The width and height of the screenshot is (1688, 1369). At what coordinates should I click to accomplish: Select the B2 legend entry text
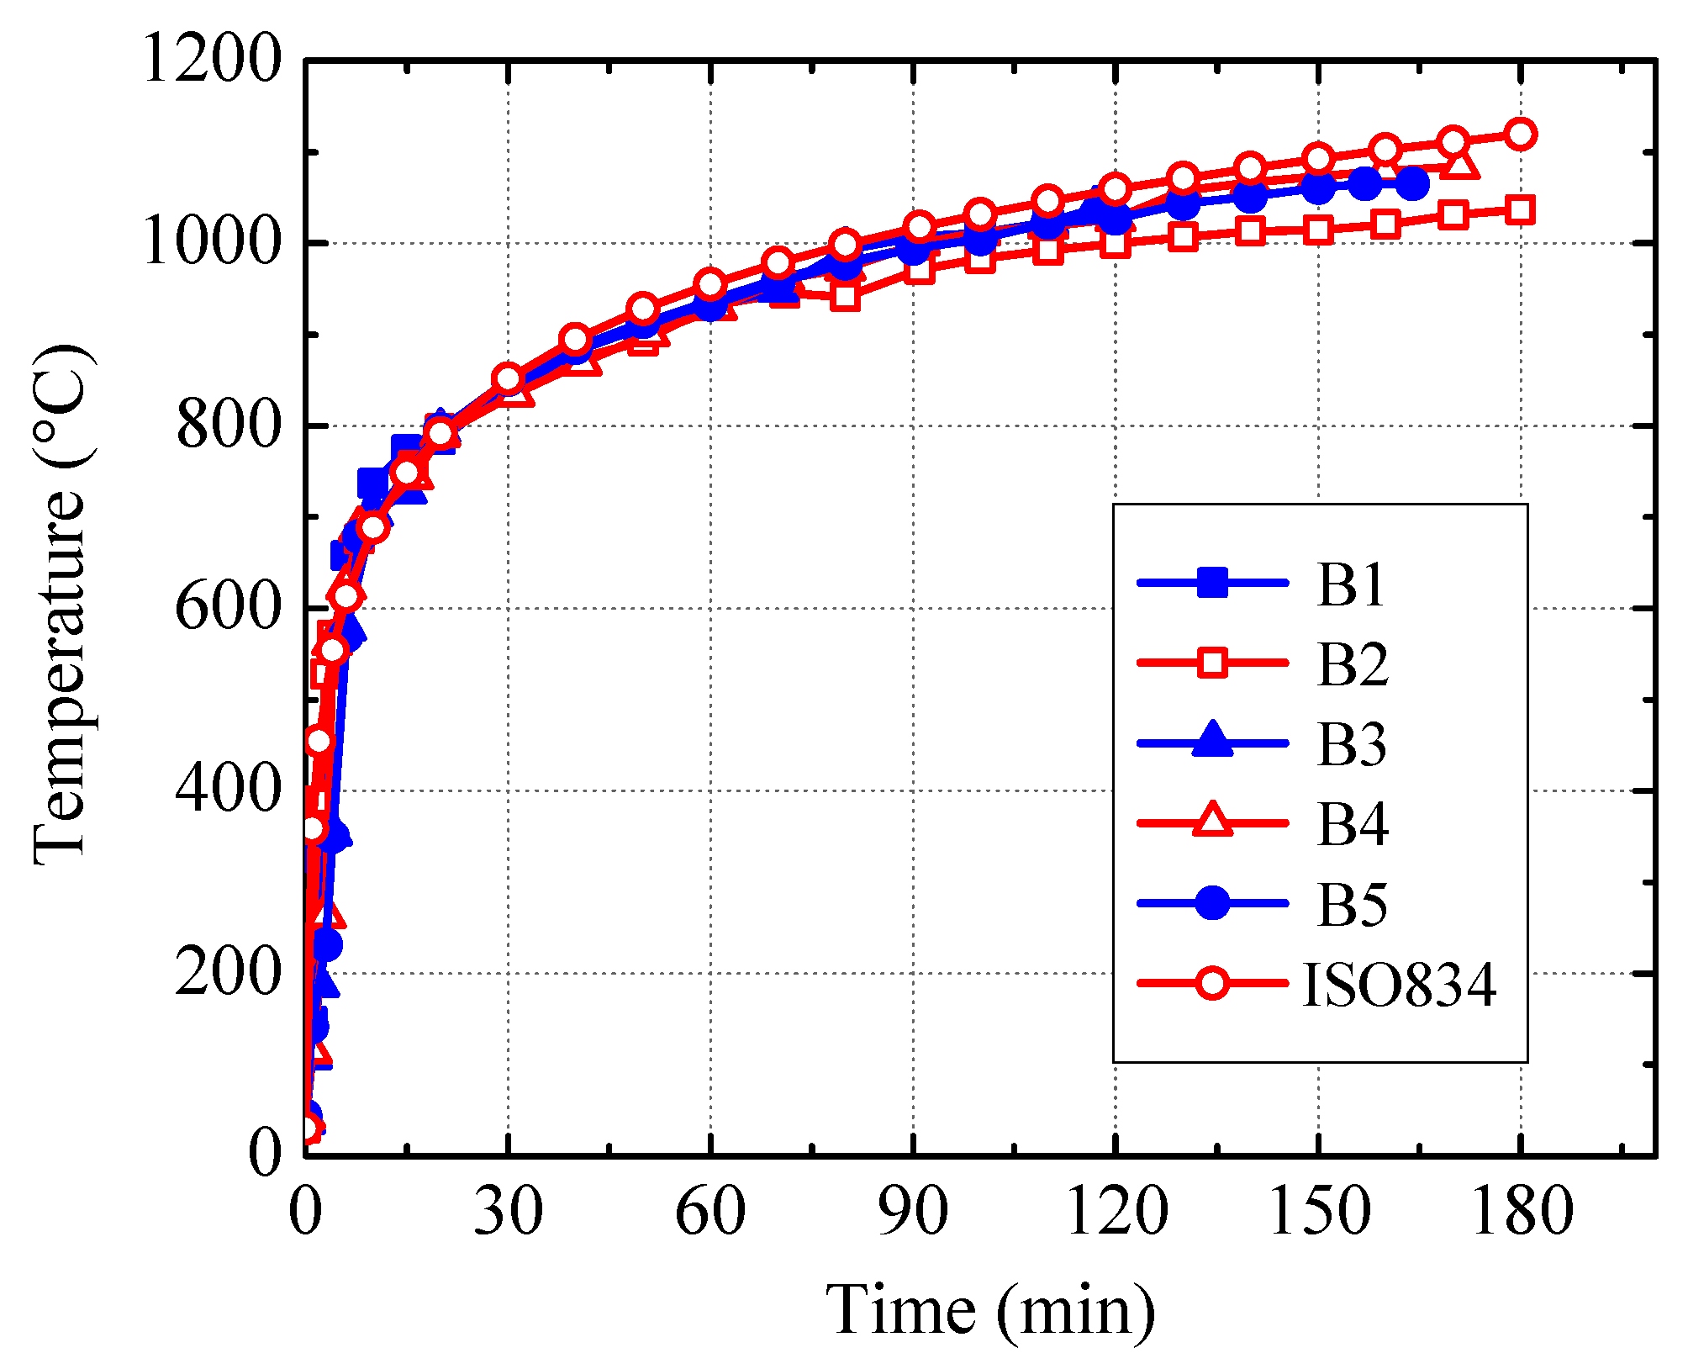(1352, 664)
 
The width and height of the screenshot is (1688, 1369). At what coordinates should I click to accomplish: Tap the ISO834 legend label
(1399, 984)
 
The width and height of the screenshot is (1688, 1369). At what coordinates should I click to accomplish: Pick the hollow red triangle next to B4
(1212, 821)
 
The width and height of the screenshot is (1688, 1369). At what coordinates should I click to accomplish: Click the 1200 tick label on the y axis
(210, 61)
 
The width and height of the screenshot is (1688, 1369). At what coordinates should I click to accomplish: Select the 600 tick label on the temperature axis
(225, 608)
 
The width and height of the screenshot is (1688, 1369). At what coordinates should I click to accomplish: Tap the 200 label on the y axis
(225, 974)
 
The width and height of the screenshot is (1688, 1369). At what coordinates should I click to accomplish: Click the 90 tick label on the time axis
(913, 1213)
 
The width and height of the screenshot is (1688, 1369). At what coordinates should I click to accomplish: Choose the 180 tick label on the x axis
(1520, 1213)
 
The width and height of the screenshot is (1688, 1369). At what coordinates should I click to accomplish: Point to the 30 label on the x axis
(508, 1213)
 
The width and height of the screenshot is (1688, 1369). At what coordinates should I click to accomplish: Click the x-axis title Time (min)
(990, 1310)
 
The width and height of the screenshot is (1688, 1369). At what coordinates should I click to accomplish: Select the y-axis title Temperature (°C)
(61, 605)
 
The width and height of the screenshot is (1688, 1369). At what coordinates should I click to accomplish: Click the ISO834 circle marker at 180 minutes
(1520, 134)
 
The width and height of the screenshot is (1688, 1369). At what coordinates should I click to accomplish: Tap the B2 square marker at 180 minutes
(1520, 209)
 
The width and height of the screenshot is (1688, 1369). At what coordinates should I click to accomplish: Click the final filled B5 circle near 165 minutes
(1411, 182)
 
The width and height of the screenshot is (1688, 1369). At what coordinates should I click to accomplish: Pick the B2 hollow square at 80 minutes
(845, 296)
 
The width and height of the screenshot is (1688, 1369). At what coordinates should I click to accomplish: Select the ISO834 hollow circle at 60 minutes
(710, 283)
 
